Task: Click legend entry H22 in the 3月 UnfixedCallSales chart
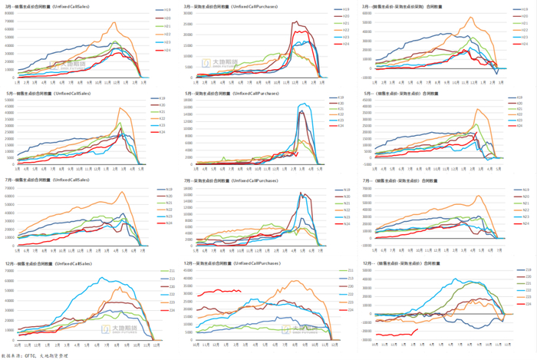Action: point(166,35)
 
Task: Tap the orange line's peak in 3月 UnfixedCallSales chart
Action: point(115,21)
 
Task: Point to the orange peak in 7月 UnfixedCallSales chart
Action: point(121,192)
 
